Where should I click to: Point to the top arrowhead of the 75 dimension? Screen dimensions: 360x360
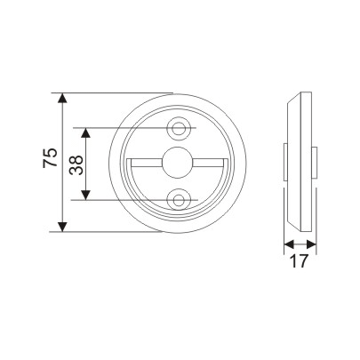(62, 98)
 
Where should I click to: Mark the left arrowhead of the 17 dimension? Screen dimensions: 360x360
(285, 244)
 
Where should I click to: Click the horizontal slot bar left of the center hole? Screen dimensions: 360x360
(146, 162)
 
